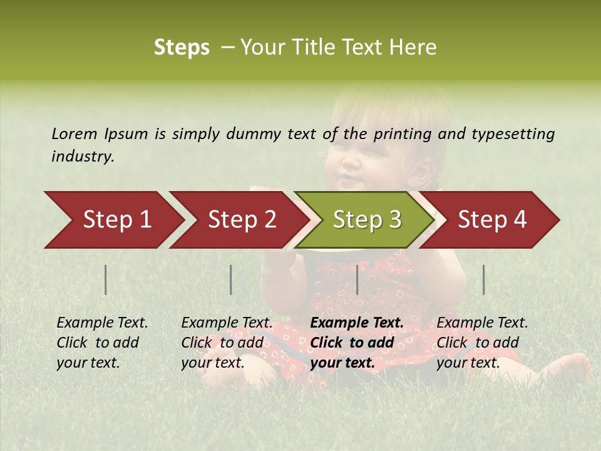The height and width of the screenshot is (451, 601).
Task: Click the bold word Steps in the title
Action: coord(182,48)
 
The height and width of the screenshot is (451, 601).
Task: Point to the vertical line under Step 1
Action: coord(106,279)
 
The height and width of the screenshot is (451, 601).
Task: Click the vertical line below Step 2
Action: coord(231,279)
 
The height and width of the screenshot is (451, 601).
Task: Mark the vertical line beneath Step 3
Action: coord(357,279)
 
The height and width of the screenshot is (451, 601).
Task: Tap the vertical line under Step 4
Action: coord(484,279)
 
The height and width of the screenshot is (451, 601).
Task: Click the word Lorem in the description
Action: coord(74,133)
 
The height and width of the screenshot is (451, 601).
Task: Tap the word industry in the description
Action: coord(83,157)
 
